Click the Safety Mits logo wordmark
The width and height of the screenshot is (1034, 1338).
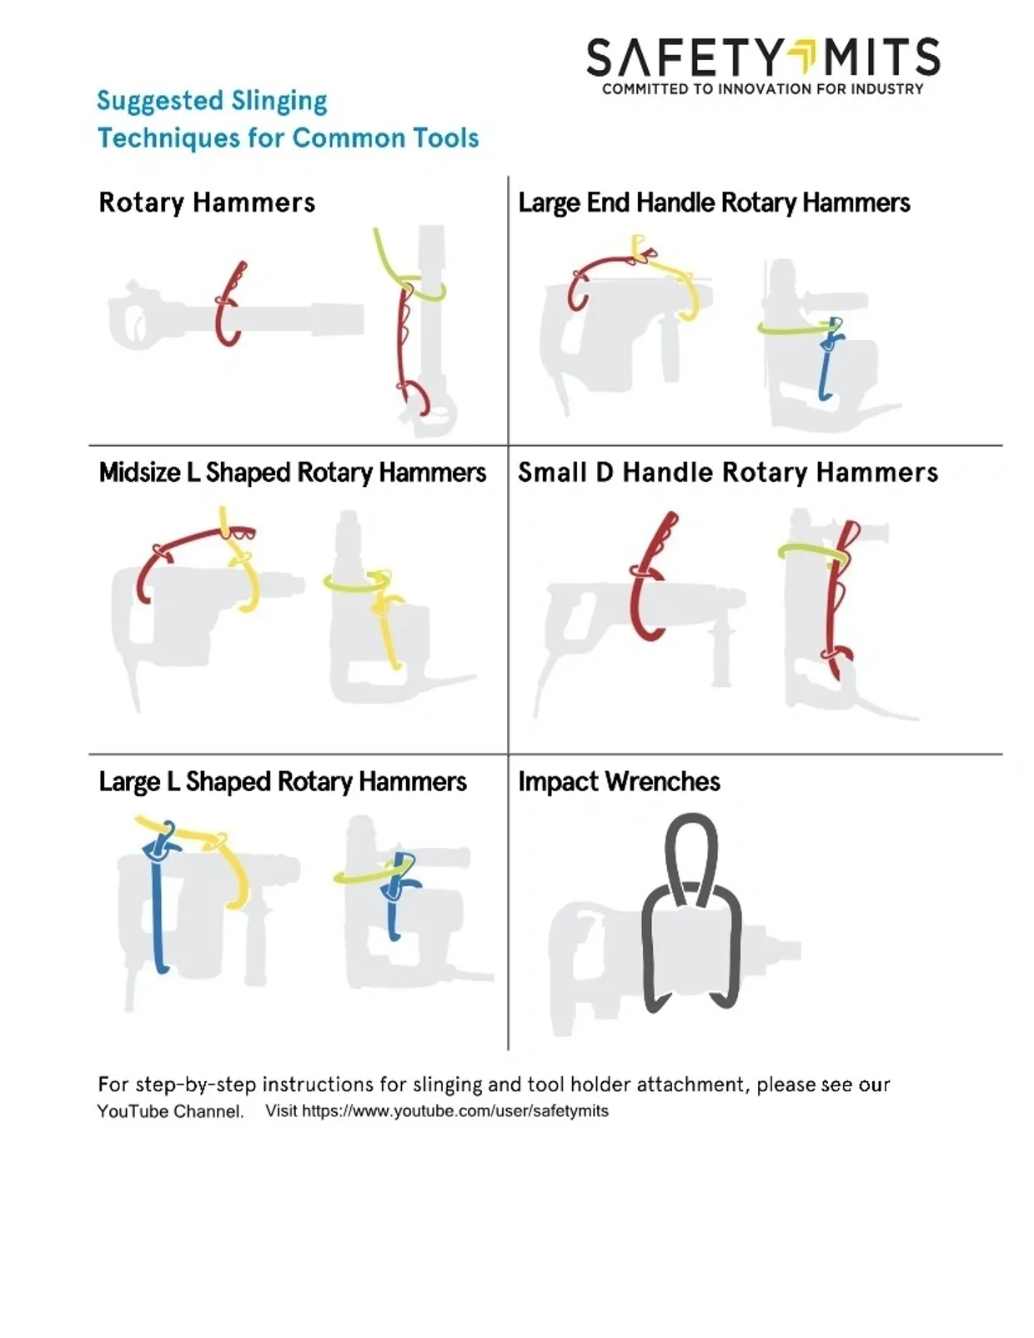[763, 57]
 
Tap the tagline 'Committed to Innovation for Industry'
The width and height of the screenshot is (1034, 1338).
[762, 89]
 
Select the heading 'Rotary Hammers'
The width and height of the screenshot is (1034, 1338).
[207, 203]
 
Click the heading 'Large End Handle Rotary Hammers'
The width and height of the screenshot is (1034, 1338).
[714, 203]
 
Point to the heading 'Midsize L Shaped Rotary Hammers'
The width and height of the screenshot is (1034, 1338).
[293, 473]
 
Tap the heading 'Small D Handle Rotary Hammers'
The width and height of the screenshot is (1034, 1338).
[728, 473]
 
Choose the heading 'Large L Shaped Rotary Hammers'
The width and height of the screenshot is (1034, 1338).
[283, 782]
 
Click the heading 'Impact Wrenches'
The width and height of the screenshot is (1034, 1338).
[619, 782]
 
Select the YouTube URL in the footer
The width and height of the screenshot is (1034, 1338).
[455, 1110]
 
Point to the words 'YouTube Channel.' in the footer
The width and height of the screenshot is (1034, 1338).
[171, 1112]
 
